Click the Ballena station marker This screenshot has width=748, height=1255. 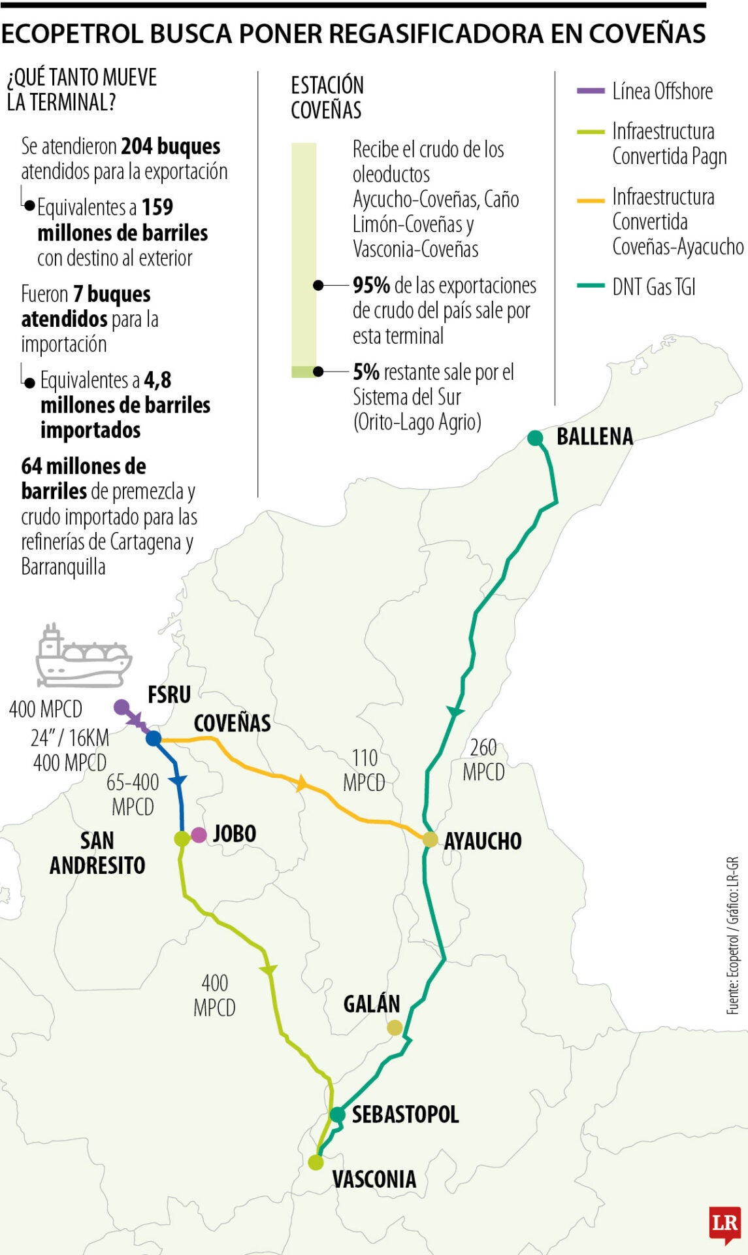(x=535, y=438)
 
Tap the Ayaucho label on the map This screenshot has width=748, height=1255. (x=483, y=841)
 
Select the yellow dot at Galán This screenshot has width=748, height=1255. (x=395, y=1028)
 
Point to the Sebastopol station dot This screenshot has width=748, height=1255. (x=337, y=1114)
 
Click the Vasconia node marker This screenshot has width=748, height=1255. (x=316, y=1162)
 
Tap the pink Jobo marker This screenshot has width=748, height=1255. (x=199, y=835)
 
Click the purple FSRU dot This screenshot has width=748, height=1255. (x=122, y=707)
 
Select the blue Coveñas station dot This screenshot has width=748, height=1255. (x=154, y=739)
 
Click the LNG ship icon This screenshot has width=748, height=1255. (x=83, y=656)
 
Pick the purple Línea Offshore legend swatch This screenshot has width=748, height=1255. (x=591, y=92)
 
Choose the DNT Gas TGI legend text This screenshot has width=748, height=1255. (x=653, y=287)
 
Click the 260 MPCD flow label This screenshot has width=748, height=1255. (x=483, y=760)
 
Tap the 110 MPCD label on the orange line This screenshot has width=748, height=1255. (x=365, y=770)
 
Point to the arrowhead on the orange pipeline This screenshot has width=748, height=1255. (x=301, y=782)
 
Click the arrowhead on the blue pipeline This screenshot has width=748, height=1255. (x=178, y=780)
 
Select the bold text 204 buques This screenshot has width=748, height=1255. (x=171, y=146)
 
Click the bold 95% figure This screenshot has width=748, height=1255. (x=371, y=286)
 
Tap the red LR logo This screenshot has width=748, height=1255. (x=724, y=1223)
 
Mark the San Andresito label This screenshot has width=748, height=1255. (x=97, y=853)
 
